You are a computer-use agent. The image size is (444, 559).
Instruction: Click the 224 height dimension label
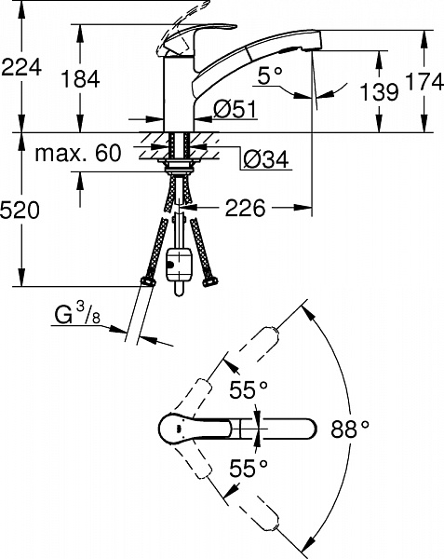[x=21, y=67]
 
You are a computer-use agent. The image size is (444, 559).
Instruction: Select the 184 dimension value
[x=80, y=79]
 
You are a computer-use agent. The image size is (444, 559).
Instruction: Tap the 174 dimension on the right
[x=424, y=82]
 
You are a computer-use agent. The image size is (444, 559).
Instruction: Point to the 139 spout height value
[x=379, y=91]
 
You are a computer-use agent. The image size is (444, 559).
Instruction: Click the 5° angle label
[x=270, y=76]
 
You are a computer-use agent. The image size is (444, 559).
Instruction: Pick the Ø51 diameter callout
[x=235, y=109]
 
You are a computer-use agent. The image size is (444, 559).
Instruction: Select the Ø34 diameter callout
[x=266, y=159]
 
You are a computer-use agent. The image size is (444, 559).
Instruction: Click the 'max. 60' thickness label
[x=78, y=154]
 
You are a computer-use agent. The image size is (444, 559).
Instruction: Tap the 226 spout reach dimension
[x=246, y=208]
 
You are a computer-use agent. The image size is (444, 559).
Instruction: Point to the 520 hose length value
[x=20, y=210]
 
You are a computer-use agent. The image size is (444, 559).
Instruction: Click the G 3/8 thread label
[x=77, y=314]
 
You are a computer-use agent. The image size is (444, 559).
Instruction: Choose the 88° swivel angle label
[x=350, y=429]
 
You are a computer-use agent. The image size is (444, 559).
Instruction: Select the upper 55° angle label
[x=249, y=389]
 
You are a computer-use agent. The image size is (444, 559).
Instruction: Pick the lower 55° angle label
[x=249, y=468]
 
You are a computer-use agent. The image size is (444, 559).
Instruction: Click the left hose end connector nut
[x=148, y=281]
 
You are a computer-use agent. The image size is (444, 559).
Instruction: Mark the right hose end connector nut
[x=209, y=281]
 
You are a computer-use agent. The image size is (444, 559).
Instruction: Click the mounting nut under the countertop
[x=179, y=167]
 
